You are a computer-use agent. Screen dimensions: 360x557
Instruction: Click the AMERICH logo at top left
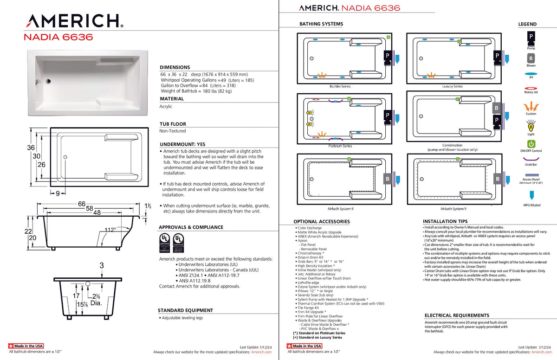[x=75, y=21]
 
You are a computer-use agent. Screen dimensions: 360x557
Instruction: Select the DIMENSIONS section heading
[x=175, y=67]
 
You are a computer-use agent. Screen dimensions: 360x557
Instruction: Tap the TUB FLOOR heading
[x=173, y=124]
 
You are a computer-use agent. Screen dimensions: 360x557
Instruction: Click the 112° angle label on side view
[x=110, y=229]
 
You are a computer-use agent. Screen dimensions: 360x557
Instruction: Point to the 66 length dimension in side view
[x=82, y=204]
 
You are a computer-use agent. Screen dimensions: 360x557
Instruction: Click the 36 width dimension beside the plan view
[x=30, y=148]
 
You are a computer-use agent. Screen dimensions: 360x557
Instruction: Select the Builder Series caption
[x=340, y=86]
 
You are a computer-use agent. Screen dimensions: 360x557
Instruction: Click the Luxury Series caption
[x=452, y=86]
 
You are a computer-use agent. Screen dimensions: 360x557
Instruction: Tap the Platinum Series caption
[x=340, y=146]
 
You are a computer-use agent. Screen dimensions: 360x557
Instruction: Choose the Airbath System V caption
[x=453, y=209]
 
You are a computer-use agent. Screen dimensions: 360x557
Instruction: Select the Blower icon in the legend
[x=531, y=58]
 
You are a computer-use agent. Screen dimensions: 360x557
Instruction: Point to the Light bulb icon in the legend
[x=531, y=125]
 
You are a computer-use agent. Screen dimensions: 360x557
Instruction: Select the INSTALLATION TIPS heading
[x=445, y=221]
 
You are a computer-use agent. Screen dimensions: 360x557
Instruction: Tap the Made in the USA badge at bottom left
[x=26, y=346]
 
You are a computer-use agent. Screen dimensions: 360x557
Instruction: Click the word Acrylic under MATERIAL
[x=166, y=106]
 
